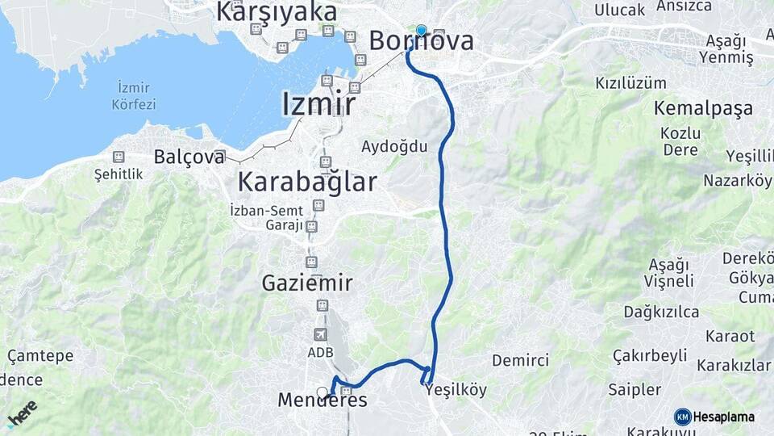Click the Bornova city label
pos(422,41)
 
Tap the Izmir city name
pos(318,104)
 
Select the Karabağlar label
pos(307,182)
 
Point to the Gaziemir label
pos(307,283)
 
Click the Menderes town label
pos(322,400)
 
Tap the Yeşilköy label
pos(456,391)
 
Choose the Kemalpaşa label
pos(703,108)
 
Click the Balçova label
pos(189,157)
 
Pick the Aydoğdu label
pos(394,147)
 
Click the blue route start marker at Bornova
pos(421,30)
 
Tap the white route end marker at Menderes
pos(322,392)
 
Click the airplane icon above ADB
pos(320,334)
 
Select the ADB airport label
pos(320,353)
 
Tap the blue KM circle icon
pos(683,417)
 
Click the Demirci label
pos(521,360)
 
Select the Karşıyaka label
pos(277,12)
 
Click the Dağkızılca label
pos(660,312)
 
